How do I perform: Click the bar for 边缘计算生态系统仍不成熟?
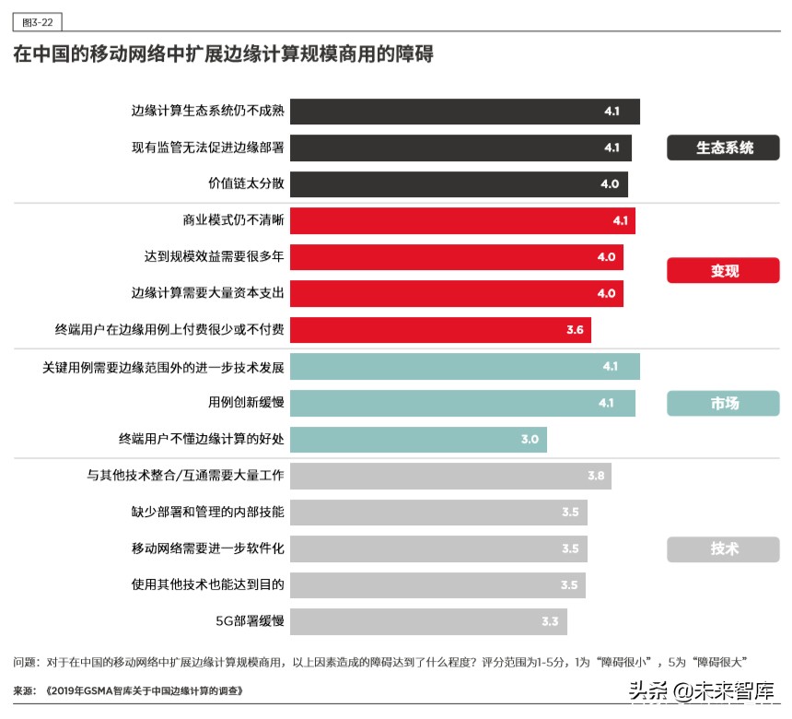click(x=464, y=112)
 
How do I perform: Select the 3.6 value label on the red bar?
click(x=575, y=329)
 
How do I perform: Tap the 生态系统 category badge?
click(x=723, y=147)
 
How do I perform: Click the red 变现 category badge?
click(x=723, y=271)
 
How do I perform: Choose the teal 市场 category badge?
click(x=723, y=403)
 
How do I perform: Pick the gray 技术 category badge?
click(x=723, y=548)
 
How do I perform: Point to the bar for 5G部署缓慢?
click(x=428, y=621)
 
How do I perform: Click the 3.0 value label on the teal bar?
click(x=530, y=439)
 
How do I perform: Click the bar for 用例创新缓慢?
click(x=462, y=403)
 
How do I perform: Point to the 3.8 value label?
click(x=596, y=476)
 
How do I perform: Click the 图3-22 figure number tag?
click(x=38, y=22)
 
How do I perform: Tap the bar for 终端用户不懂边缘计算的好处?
click(x=418, y=439)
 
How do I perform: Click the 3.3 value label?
click(x=550, y=621)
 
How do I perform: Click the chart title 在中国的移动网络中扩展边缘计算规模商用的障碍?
click(x=223, y=54)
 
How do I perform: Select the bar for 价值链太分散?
click(x=459, y=183)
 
